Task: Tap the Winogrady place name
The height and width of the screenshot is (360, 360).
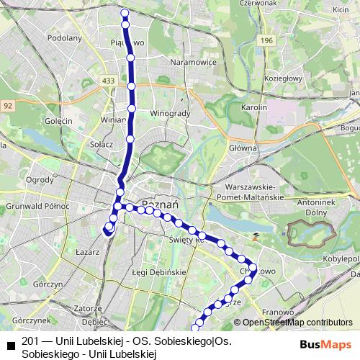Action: click(169, 114)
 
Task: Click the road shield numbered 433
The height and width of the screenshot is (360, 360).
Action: click(109, 81)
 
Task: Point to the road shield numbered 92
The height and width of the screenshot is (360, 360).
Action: click(9, 105)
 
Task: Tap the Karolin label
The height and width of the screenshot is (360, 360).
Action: click(254, 107)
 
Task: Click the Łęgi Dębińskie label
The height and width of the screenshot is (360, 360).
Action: click(158, 272)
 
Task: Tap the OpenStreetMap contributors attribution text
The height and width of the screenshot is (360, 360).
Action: click(297, 323)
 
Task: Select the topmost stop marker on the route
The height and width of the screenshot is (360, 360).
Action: click(125, 12)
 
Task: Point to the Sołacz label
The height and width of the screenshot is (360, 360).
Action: click(103, 144)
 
